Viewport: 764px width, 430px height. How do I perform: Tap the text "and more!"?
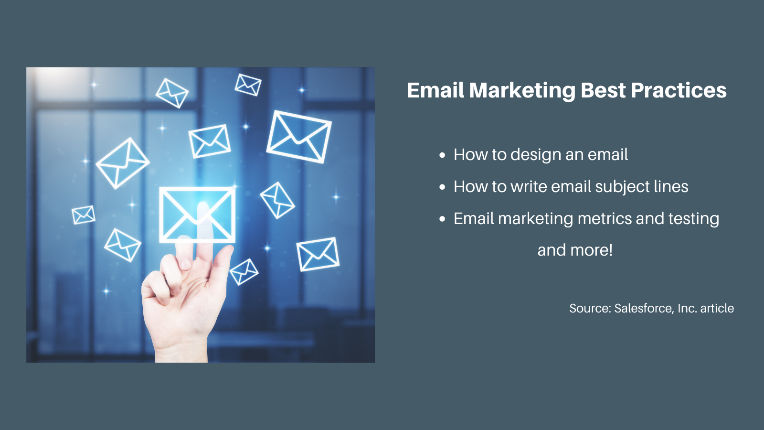pyautogui.click(x=575, y=250)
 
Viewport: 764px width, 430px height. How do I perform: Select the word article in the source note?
pyautogui.click(x=717, y=309)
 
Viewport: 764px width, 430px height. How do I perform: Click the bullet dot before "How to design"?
pyautogui.click(x=442, y=155)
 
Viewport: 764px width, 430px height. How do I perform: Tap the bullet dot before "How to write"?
pyautogui.click(x=442, y=187)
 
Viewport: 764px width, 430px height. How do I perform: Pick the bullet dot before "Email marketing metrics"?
pyautogui.click(x=442, y=219)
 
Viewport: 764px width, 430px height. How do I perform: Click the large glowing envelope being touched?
pyautogui.click(x=197, y=215)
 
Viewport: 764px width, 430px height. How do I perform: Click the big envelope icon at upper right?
pyautogui.click(x=299, y=137)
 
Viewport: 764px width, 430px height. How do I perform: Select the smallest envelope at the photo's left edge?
pyautogui.click(x=84, y=215)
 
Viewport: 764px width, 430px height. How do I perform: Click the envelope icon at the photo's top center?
pyautogui.click(x=248, y=85)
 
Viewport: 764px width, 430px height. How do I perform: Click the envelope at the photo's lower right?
pyautogui.click(x=318, y=254)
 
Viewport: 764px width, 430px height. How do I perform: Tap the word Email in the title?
pyautogui.click(x=435, y=91)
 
